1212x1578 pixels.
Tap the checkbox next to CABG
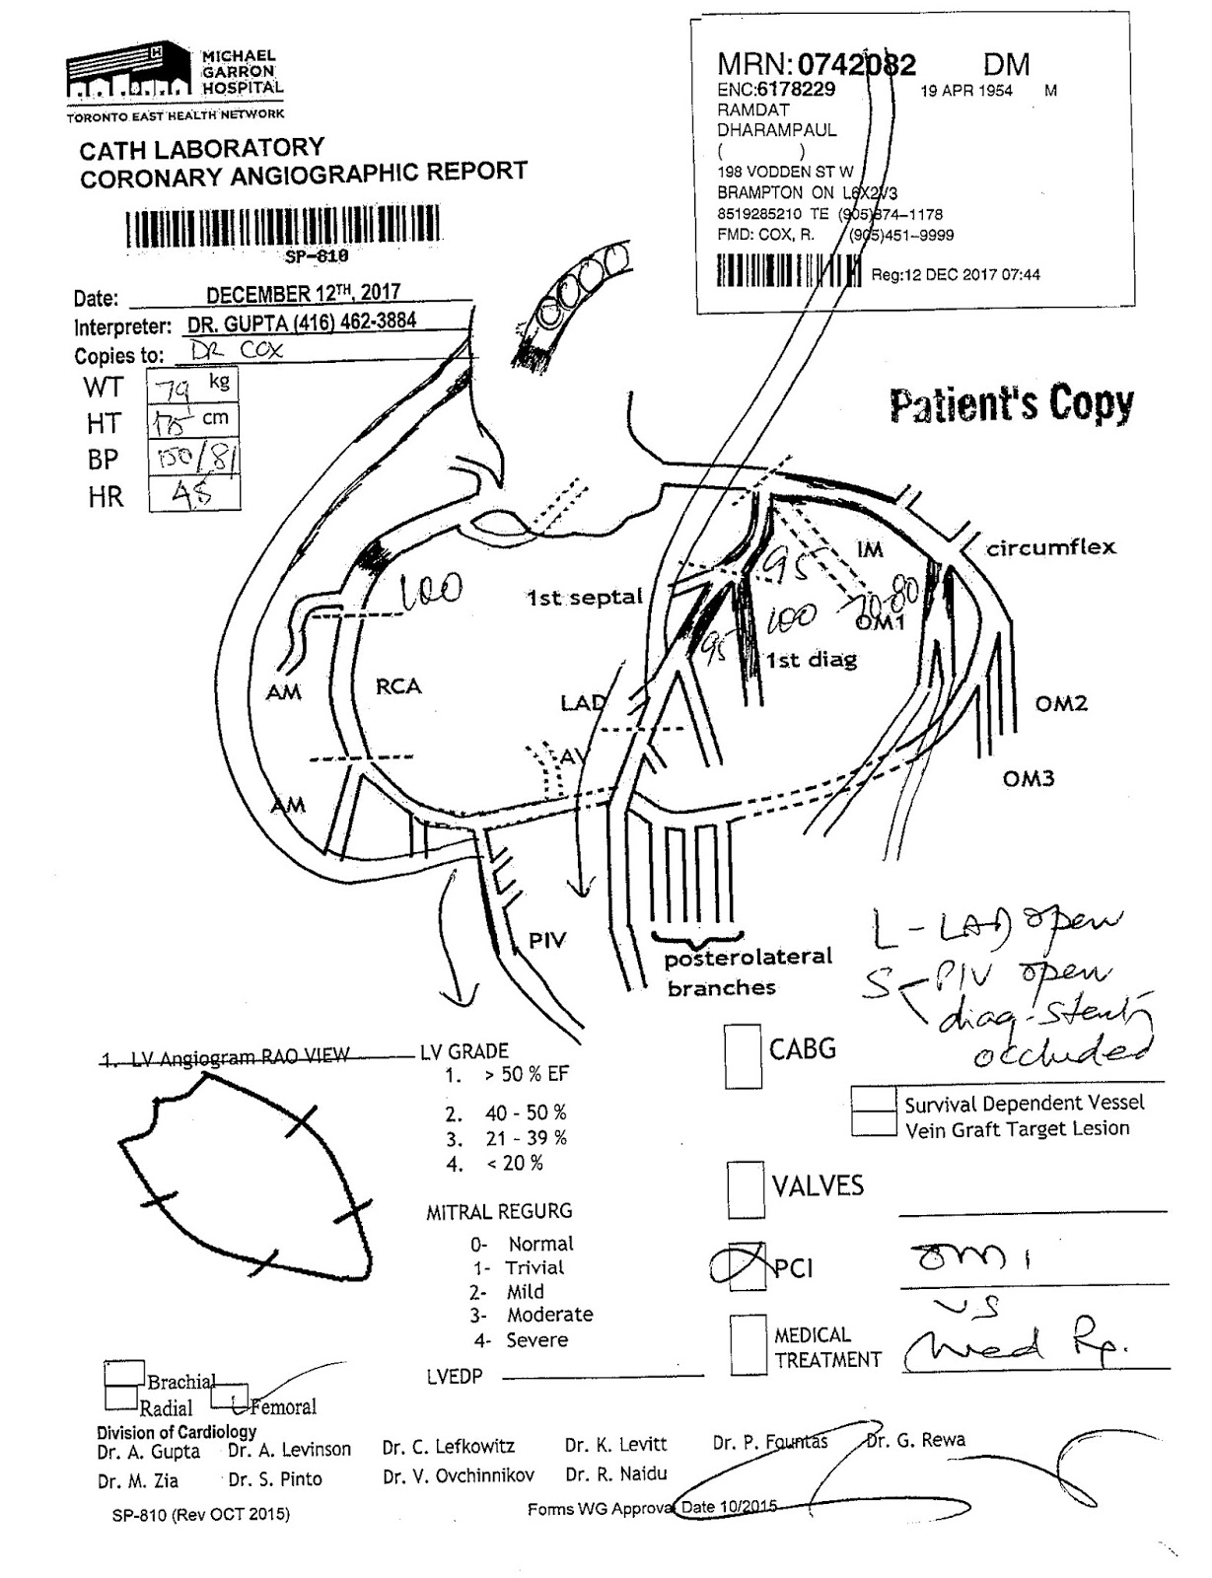(x=743, y=1055)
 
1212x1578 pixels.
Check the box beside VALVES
(x=746, y=1189)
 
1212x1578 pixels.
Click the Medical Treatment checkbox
(x=749, y=1344)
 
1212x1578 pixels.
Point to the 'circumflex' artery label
(x=1051, y=547)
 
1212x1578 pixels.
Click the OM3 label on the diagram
(x=1029, y=779)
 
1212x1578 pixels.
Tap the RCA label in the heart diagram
(x=398, y=686)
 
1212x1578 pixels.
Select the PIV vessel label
(x=547, y=940)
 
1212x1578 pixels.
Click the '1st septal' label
(x=585, y=598)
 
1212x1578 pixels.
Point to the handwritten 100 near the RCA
(x=431, y=591)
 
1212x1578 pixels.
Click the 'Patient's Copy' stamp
(x=1011, y=404)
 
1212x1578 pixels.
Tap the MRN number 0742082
(x=856, y=65)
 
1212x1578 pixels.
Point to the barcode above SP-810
(x=282, y=229)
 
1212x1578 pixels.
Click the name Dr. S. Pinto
(x=275, y=1479)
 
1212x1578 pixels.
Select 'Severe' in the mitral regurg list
(x=536, y=1340)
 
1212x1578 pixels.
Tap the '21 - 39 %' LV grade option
(x=525, y=1138)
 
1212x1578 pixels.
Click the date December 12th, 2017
(x=303, y=293)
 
